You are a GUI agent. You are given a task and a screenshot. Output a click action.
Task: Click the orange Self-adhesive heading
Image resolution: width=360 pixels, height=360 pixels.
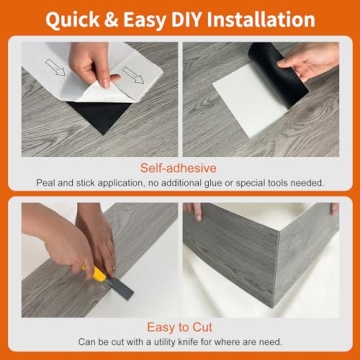180,169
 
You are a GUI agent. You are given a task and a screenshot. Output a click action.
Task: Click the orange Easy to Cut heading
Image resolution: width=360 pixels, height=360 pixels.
180,326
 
